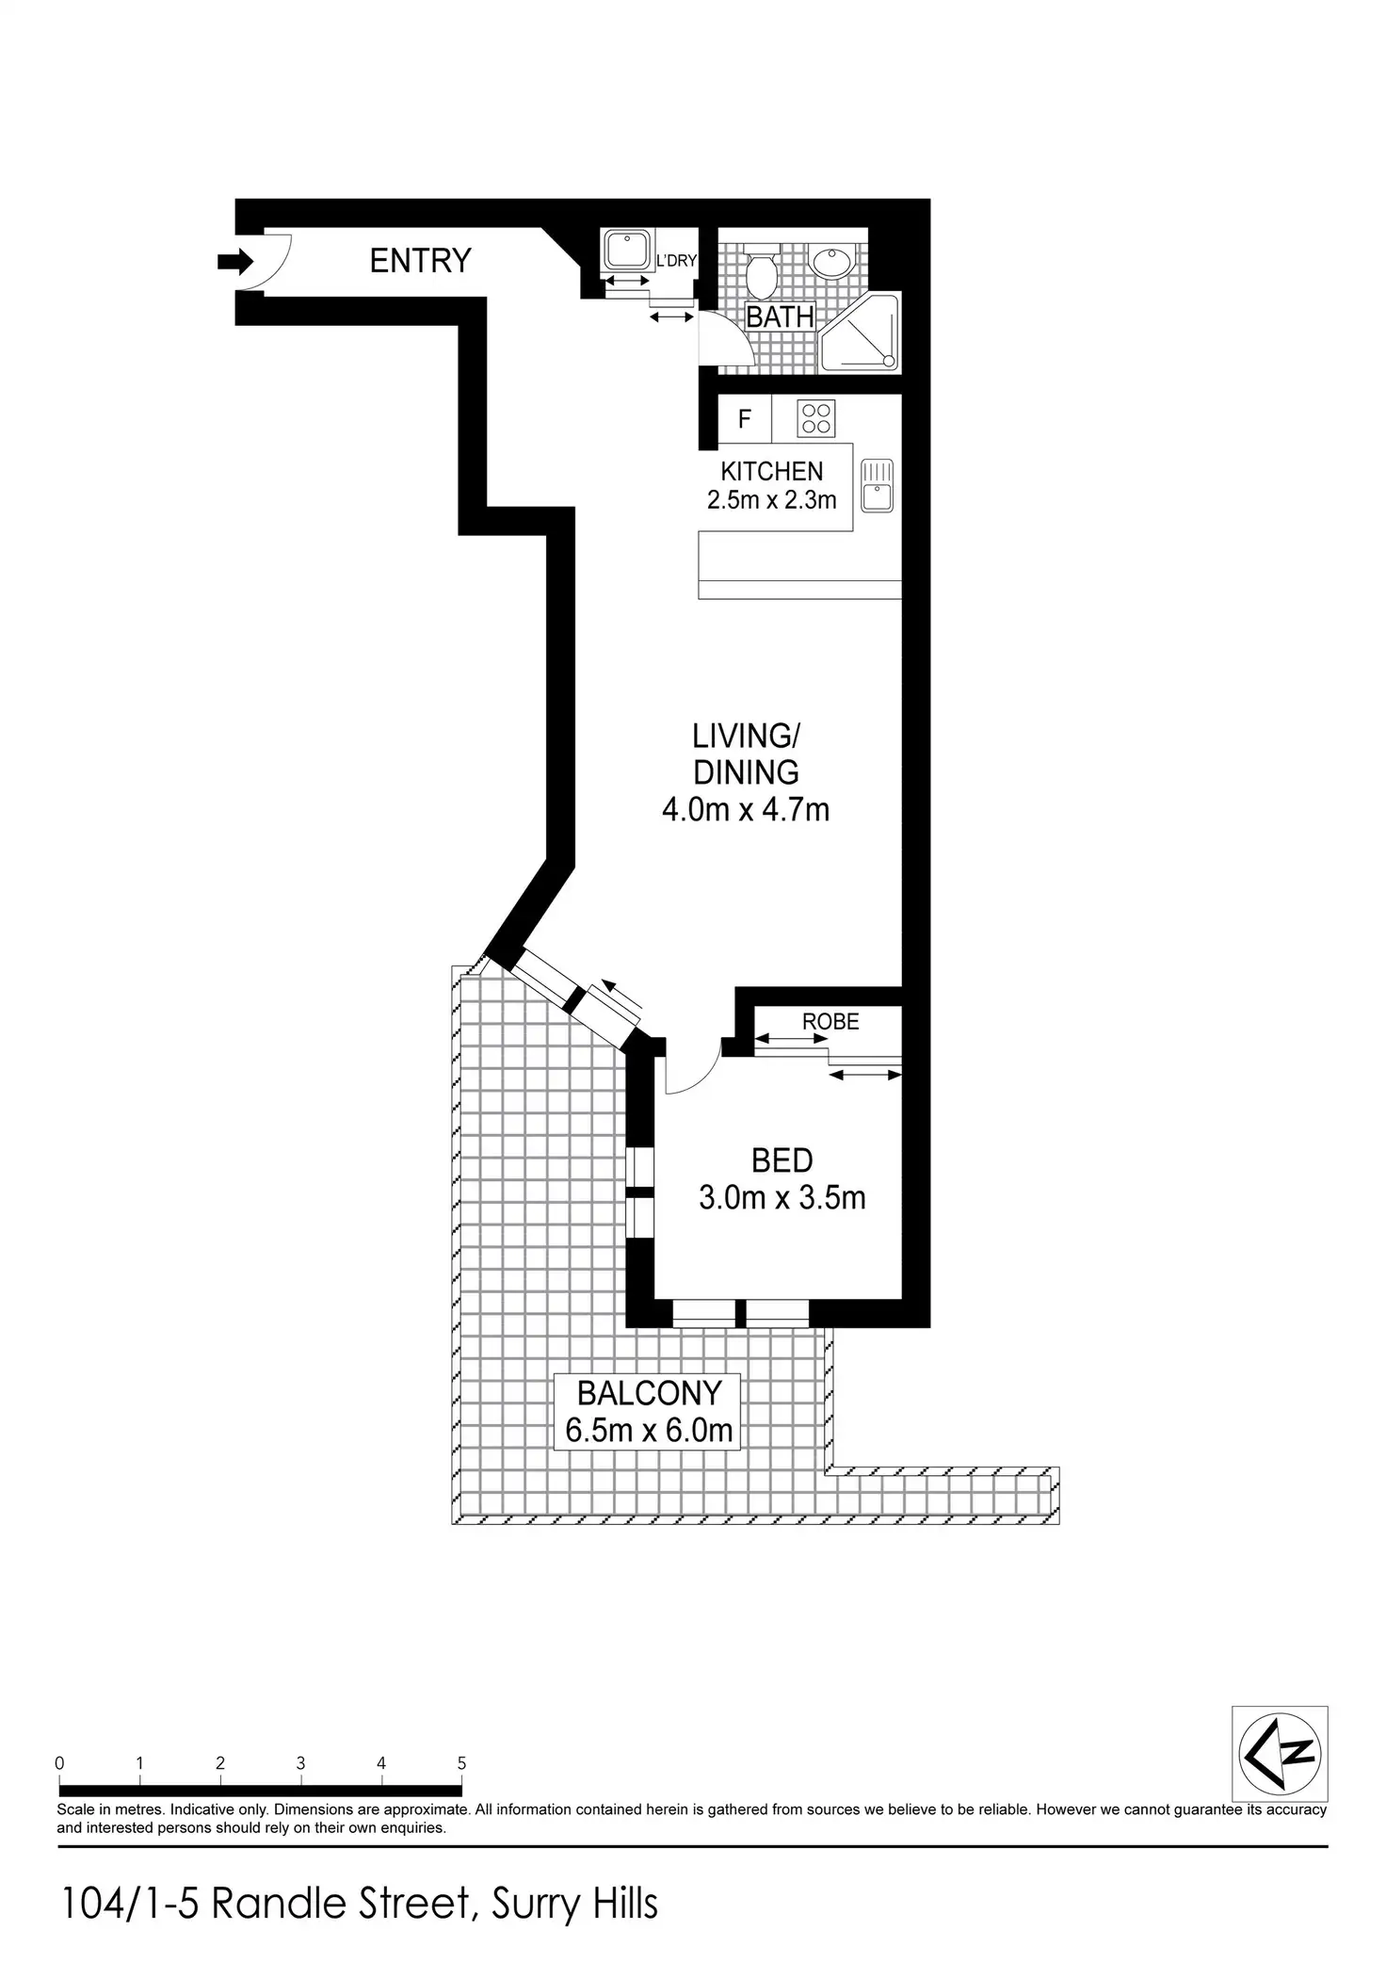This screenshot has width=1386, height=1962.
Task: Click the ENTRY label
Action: click(x=420, y=261)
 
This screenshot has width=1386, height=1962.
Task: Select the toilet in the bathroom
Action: click(x=760, y=273)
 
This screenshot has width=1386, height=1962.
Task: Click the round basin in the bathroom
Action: click(x=830, y=261)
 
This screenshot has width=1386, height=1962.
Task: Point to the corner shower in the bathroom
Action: click(x=859, y=332)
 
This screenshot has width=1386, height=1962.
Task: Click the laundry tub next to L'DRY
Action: click(x=625, y=251)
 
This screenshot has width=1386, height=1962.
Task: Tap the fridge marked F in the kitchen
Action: click(x=744, y=418)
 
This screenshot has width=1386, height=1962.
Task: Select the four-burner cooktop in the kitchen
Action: click(x=815, y=418)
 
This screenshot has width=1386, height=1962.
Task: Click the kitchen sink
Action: click(x=877, y=485)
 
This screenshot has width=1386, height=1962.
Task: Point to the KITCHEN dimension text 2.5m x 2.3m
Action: click(x=771, y=500)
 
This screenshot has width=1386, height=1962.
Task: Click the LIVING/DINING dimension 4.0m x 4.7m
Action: click(x=746, y=809)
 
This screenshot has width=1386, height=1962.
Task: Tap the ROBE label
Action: click(x=830, y=1021)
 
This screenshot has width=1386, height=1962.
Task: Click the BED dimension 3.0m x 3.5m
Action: click(x=782, y=1198)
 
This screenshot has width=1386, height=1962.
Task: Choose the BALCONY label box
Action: click(x=649, y=1411)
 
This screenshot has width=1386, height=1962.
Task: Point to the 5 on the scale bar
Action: click(x=461, y=1763)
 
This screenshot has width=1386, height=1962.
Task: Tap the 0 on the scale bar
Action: click(x=59, y=1763)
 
